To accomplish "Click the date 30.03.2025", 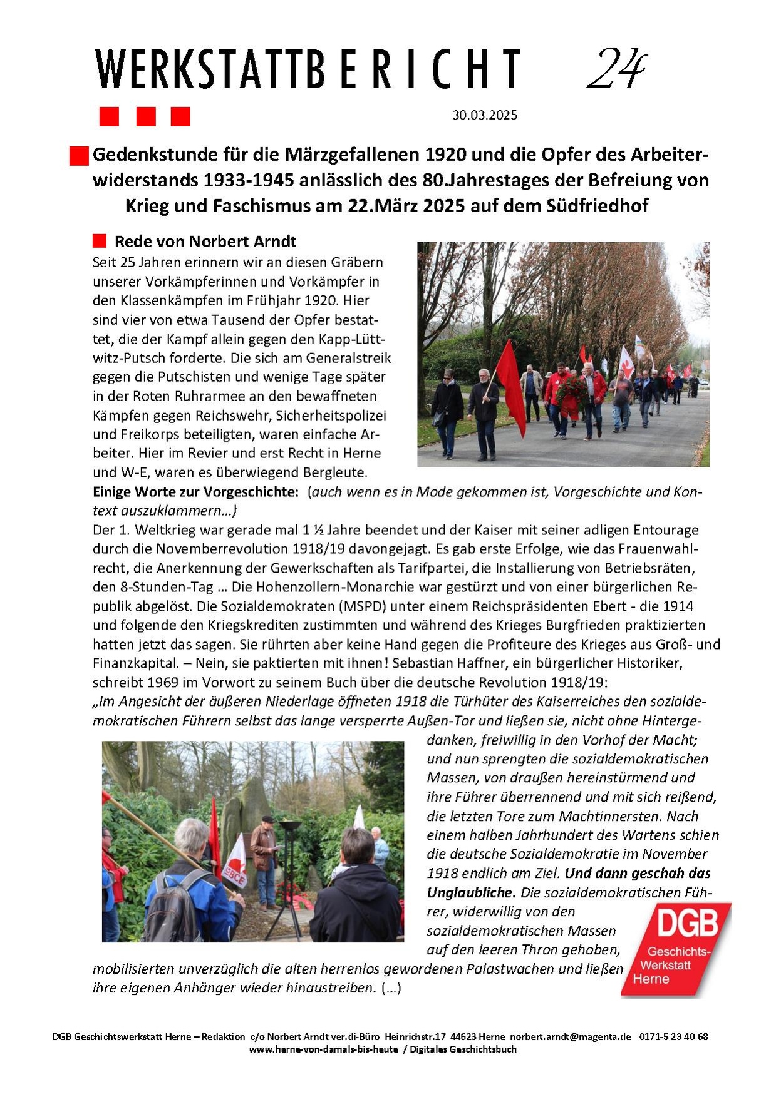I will [x=485, y=115].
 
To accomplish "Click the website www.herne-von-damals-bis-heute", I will [x=323, y=1049].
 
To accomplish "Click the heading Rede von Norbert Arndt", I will [x=205, y=242].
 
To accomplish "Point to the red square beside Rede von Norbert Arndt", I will [x=100, y=241].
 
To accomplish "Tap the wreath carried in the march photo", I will [x=571, y=392].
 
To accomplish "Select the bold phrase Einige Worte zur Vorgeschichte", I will [x=195, y=492].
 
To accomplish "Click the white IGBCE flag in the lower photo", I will [x=235, y=864].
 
